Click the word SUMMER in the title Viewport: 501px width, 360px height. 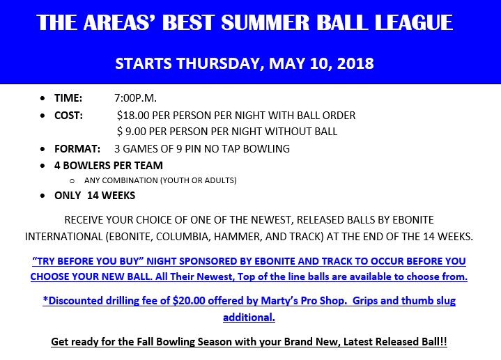[x=265, y=22]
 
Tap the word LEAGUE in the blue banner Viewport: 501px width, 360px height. [x=413, y=22]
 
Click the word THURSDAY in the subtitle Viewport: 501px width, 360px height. [x=220, y=63]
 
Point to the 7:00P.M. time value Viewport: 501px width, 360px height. [x=135, y=98]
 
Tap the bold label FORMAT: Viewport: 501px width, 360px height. [x=77, y=149]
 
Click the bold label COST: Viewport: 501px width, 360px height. [x=68, y=116]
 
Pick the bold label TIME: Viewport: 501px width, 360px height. [x=68, y=98]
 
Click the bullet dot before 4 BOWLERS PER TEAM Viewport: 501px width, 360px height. [x=43, y=166]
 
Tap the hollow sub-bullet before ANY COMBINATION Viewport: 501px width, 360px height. [x=72, y=181]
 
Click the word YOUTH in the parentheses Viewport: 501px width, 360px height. [x=176, y=180]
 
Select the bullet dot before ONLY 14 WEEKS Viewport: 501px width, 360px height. [x=43, y=196]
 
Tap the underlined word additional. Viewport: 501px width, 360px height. [x=249, y=318]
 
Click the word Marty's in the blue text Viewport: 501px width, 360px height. [x=277, y=301]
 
